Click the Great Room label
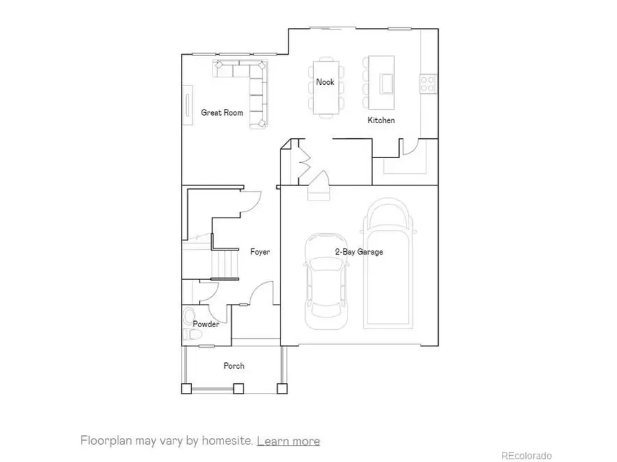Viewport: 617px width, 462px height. [x=222, y=112]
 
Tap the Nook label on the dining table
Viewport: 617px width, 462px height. [x=325, y=82]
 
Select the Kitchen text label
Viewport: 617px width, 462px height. [x=381, y=120]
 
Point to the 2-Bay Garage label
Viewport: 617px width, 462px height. [x=359, y=252]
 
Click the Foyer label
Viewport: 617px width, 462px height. [x=260, y=252]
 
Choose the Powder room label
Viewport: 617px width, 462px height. [x=206, y=324]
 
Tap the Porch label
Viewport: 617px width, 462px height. [x=234, y=365]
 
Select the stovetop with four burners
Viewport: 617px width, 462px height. [x=428, y=84]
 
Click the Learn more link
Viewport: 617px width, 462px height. [x=288, y=440]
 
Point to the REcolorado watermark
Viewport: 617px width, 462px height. [x=526, y=455]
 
